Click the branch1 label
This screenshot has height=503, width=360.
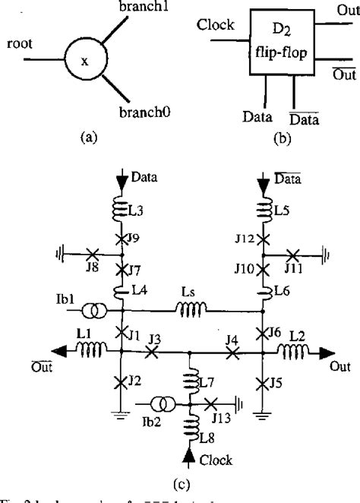point(143,8)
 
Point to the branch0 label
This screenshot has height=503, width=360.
point(150,111)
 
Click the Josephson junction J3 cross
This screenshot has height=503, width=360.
point(153,352)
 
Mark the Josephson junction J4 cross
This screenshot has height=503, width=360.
point(233,352)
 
